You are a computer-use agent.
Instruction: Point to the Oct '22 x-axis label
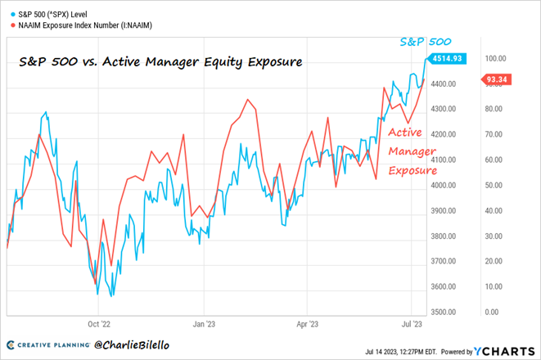click(x=99, y=323)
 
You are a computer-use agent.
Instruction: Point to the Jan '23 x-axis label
click(x=203, y=323)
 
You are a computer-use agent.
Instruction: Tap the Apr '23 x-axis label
click(x=308, y=323)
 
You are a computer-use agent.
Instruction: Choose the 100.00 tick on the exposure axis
click(x=496, y=59)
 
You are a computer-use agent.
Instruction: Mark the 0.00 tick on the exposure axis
click(x=492, y=312)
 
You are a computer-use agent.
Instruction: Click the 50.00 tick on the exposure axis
click(x=494, y=185)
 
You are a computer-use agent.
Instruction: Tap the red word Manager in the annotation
click(x=413, y=151)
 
